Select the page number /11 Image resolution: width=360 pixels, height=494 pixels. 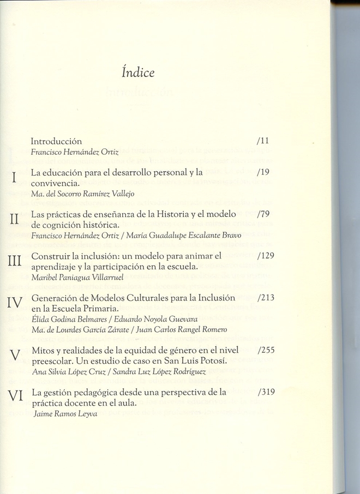pyautogui.click(x=262, y=141)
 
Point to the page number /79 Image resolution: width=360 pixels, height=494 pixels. pyautogui.click(x=263, y=214)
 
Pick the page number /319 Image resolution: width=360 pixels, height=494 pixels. pyautogui.click(x=266, y=391)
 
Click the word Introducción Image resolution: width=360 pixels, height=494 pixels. pyautogui.click(x=57, y=141)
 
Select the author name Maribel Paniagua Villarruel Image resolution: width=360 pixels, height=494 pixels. pyautogui.click(x=71, y=278)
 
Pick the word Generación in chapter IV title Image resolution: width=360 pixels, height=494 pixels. pyautogui.click(x=53, y=298)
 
